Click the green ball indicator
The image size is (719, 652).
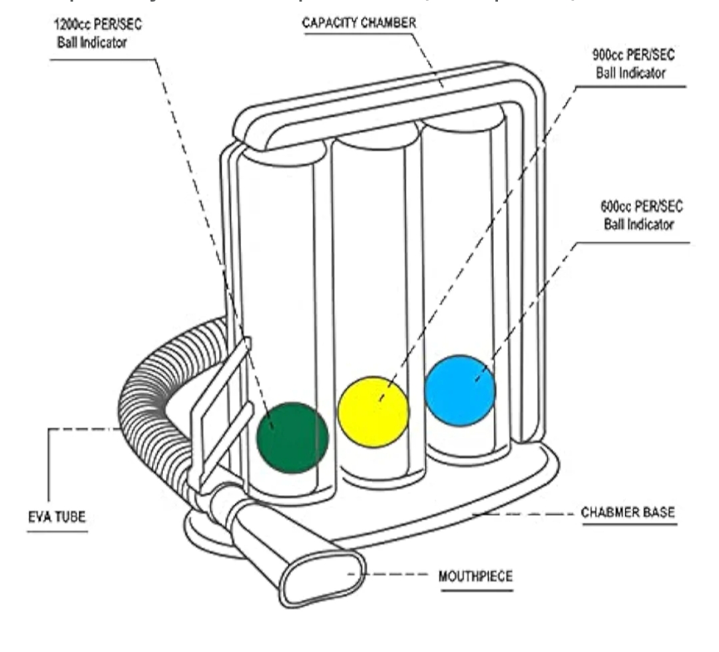293,438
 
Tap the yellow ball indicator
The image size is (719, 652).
373,411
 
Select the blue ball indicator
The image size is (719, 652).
460,390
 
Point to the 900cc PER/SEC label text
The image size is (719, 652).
628,58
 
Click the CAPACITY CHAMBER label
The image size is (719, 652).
359,23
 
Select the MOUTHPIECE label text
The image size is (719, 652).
475,575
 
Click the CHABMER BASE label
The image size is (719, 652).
628,513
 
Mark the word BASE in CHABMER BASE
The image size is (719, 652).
661,513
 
